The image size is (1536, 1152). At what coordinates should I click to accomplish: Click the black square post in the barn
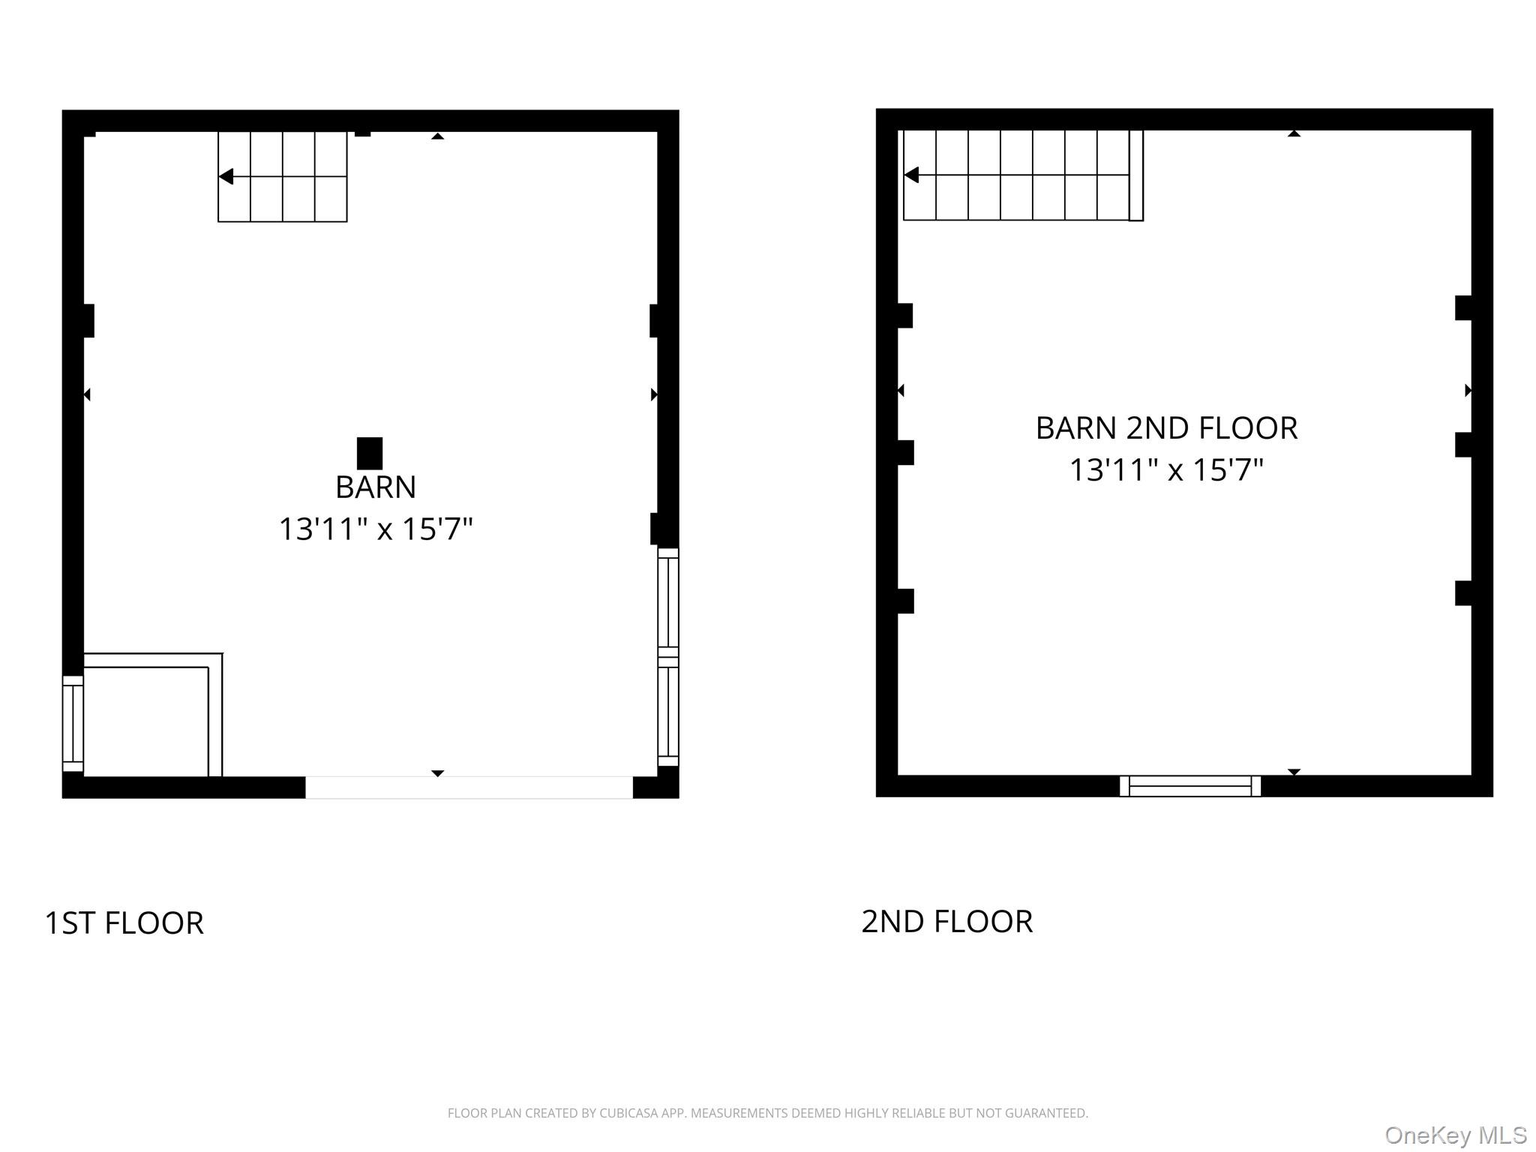(369, 453)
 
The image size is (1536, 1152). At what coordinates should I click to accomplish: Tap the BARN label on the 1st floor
(375, 487)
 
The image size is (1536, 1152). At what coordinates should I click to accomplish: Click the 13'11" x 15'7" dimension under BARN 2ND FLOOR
(1165, 470)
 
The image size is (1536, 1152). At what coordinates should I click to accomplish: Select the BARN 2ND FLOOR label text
(1165, 428)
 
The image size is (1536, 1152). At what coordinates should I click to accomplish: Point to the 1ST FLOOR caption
(124, 923)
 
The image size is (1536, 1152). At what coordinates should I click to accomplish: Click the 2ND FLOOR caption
(946, 922)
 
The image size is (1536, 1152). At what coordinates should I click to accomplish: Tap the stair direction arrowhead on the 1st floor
(226, 176)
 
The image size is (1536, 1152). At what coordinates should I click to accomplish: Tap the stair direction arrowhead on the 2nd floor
(911, 175)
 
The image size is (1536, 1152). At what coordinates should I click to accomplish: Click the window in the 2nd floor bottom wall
(1189, 786)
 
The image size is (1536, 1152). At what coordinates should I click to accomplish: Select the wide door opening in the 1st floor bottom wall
(469, 787)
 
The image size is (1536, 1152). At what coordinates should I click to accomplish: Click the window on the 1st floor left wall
(73, 723)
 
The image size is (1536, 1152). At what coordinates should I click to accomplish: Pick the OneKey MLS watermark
(1455, 1135)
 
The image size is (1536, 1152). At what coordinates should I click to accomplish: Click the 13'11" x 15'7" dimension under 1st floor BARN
(375, 529)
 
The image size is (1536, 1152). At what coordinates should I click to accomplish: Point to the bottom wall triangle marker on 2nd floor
(1294, 772)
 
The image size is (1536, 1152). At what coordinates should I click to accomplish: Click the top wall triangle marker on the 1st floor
(437, 136)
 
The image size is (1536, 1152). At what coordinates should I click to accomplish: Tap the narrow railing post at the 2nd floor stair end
(1135, 175)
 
